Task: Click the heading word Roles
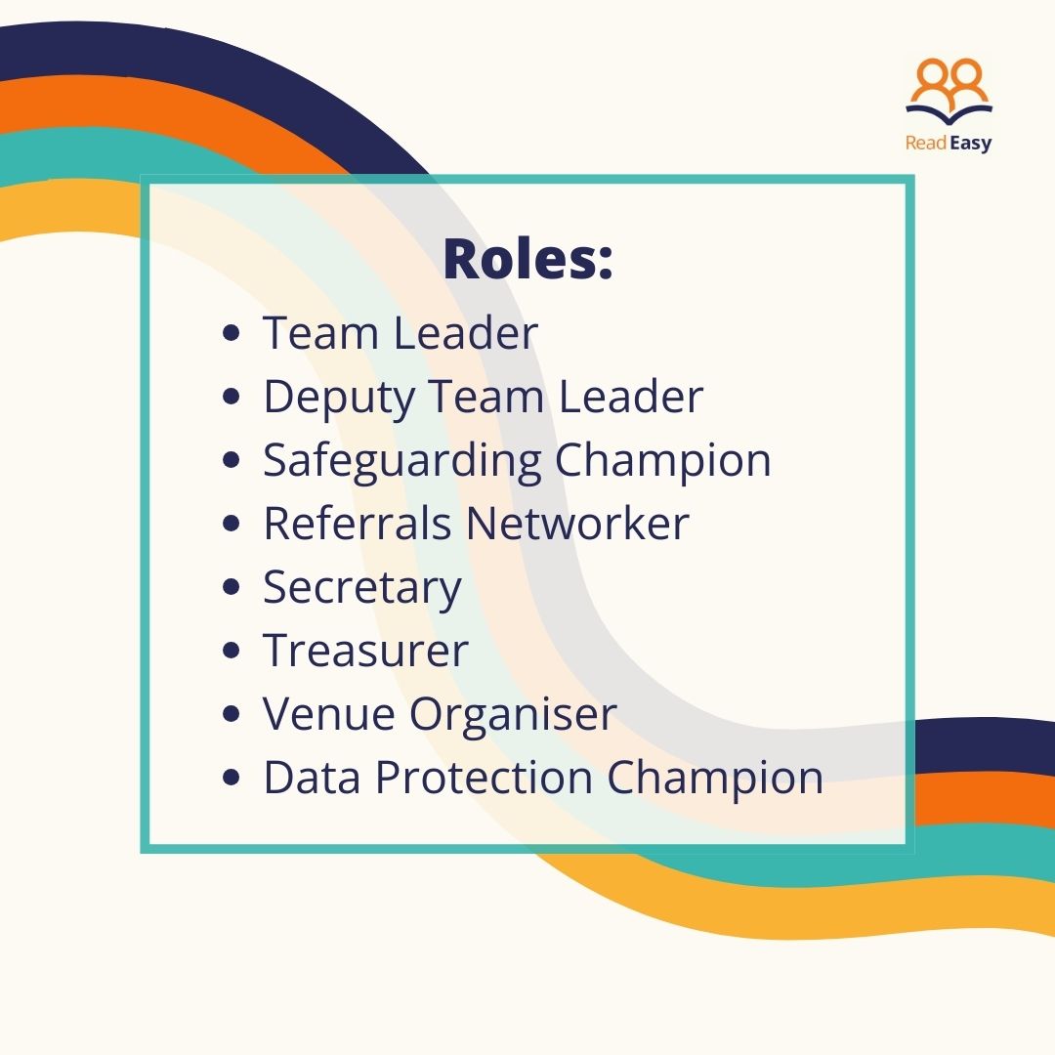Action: [x=527, y=259]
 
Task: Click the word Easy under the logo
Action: [x=971, y=144]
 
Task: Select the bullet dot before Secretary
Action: [x=232, y=587]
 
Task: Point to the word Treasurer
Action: [x=365, y=651]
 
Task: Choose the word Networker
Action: [x=577, y=524]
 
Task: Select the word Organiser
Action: [x=513, y=715]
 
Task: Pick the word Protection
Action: [x=484, y=778]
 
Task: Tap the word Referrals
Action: [x=357, y=524]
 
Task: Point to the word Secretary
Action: [x=362, y=588]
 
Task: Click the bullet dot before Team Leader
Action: [x=232, y=334]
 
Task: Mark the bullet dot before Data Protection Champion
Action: [x=232, y=779]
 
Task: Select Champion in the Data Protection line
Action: [x=715, y=779]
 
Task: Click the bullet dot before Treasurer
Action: [x=232, y=652]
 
